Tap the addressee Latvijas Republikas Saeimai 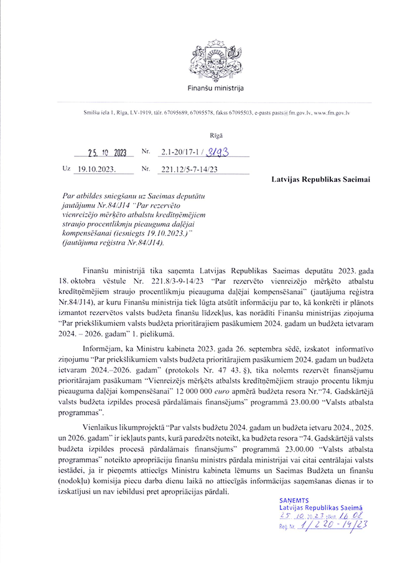(x=320, y=180)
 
